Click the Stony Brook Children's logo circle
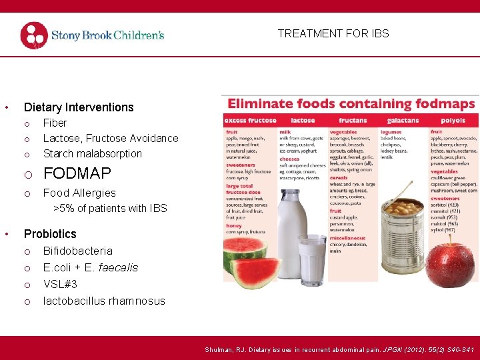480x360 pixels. pos(34,35)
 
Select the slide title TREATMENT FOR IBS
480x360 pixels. pos(333,33)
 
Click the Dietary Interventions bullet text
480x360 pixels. pos(79,107)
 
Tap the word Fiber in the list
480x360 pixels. pos(55,123)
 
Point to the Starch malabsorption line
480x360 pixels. pos(93,154)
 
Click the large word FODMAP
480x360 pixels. pos(77,174)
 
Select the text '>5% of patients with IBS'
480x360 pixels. pos(110,209)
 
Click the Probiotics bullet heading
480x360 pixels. pos(50,234)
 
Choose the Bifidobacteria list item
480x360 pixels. pos(78,251)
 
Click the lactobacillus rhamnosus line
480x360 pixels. pos(104,301)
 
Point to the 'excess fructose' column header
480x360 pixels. pos(250,121)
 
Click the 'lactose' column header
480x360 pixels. pos(302,121)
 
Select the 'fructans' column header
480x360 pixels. pos(353,121)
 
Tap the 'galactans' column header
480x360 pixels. pos(403,121)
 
